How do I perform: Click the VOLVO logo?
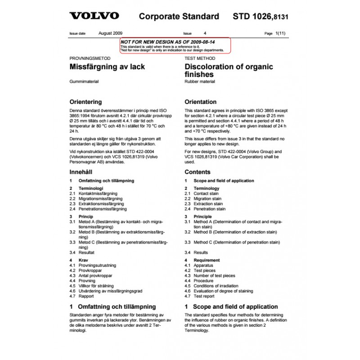click(94, 16)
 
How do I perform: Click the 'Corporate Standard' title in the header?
click(179, 17)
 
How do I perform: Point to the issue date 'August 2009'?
click(110, 33)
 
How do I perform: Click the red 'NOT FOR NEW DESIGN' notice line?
click(168, 42)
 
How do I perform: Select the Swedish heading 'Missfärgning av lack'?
click(107, 67)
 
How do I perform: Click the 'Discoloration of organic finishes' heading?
click(229, 71)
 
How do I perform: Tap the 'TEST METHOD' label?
click(200, 58)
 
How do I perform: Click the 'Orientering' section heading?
click(85, 102)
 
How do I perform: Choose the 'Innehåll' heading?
click(81, 172)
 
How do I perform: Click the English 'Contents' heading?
click(197, 172)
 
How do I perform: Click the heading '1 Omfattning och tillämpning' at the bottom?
click(112, 307)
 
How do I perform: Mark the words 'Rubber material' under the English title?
click(200, 82)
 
